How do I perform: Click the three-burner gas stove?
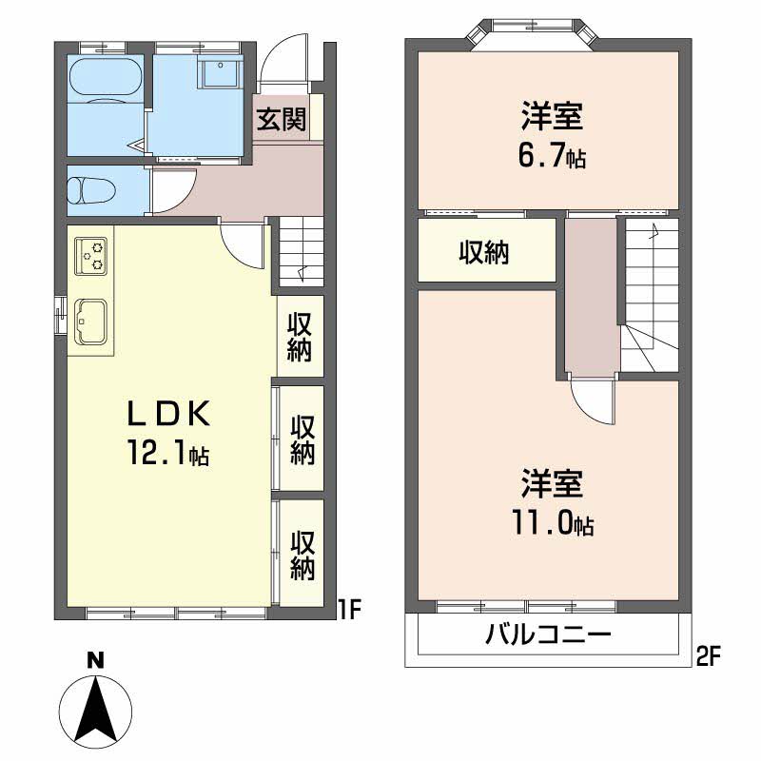point(91,254)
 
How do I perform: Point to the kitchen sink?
point(91,321)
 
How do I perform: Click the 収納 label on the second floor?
point(484,252)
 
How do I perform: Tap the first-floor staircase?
point(301,252)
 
